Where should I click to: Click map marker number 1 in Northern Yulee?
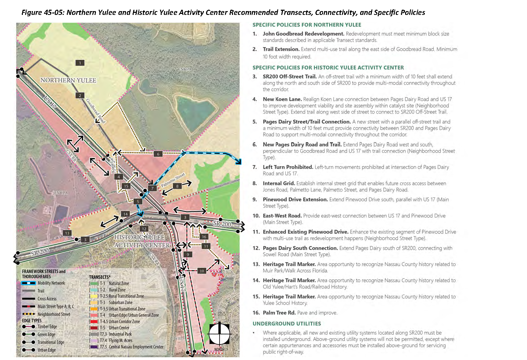80,63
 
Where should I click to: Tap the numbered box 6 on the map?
158,154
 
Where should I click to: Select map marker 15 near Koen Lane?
126,186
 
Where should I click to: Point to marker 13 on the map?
67,233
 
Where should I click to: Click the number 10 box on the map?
202,271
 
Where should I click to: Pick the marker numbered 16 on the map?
204,237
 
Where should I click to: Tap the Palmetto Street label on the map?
173,180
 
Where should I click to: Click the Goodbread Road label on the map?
95,111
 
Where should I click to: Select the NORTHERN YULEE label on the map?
68,80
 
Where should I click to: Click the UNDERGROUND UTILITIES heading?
287,324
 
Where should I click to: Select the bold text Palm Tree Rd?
279,313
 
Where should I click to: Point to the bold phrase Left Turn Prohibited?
288,167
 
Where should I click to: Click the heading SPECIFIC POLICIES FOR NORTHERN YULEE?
307,25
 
